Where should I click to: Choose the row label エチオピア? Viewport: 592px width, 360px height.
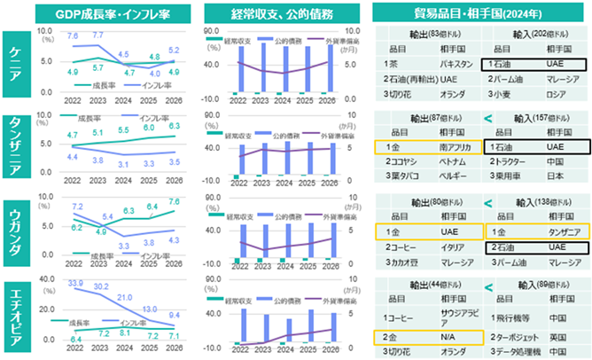pos(17,318)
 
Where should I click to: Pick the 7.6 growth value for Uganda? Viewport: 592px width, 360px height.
pos(174,203)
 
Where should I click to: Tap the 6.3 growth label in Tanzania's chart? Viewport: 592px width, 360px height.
pos(174,127)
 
